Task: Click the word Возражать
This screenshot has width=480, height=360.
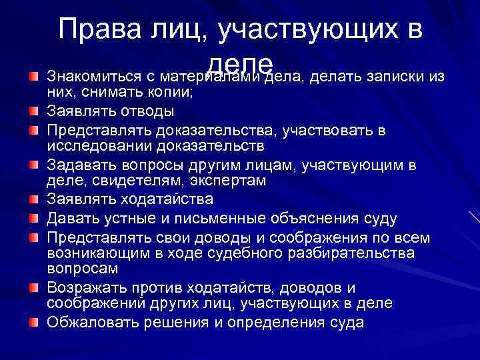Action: [x=86, y=288]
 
